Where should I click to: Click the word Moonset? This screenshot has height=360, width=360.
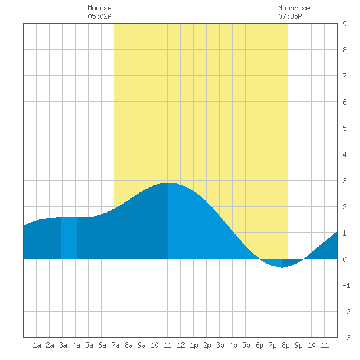coord(101,8)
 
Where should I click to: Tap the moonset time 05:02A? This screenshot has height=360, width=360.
coord(99,16)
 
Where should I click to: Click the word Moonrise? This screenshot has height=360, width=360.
coord(294,8)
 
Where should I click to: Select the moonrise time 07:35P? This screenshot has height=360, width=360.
coord(290,16)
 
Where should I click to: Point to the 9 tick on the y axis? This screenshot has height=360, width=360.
coord(344,24)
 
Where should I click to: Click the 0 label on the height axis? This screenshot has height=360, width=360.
coord(344,259)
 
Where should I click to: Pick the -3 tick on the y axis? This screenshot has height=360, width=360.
coord(346,338)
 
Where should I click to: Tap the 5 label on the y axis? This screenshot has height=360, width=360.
coord(344,128)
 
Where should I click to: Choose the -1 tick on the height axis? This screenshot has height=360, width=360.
coord(346,285)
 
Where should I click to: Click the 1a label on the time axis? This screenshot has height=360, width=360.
coord(37,345)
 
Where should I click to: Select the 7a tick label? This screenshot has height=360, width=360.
coord(115,345)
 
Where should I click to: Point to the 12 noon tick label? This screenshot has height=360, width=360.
coord(181,345)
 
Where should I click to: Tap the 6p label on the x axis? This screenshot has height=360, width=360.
coord(259,345)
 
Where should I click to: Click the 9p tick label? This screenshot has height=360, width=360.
coord(298,345)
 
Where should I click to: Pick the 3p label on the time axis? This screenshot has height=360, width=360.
coord(220,345)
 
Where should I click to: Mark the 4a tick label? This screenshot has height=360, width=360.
coord(76,345)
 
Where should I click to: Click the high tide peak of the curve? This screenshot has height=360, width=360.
coord(168,183)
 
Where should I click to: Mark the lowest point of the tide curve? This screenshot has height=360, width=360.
coord(282,267)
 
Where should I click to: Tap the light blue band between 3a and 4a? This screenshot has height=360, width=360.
coord(69,238)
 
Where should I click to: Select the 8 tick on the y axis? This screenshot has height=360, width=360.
coord(344,50)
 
